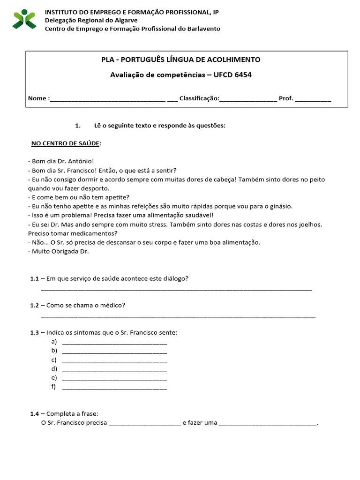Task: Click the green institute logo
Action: pos(24,19)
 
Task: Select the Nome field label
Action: pos(37,98)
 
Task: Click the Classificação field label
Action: pos(199,98)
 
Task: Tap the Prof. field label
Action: pos(286,98)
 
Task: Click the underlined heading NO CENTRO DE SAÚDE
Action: pos(65,143)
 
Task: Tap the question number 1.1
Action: pos(35,278)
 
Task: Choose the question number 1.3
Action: pos(35,332)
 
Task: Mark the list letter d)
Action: pos(54,368)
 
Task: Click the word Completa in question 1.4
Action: pos(60,414)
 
